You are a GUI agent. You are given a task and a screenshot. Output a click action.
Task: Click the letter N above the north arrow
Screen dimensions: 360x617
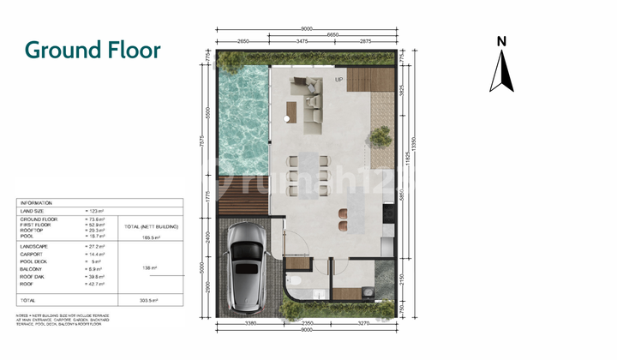[x=503, y=41]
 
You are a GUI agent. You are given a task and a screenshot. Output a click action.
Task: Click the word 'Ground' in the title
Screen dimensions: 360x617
[x=59, y=50]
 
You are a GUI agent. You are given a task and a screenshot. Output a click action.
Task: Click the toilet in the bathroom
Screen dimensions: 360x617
[x=294, y=279]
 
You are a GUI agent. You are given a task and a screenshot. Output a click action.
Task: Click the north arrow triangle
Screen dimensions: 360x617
[x=502, y=71]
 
